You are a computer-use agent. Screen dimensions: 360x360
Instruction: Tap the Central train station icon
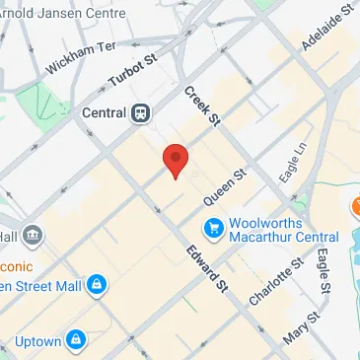point(141,113)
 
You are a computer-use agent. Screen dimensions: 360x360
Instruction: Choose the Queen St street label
point(225,186)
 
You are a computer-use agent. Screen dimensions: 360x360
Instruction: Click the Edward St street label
point(206,267)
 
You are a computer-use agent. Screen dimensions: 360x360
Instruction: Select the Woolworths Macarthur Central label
point(284,229)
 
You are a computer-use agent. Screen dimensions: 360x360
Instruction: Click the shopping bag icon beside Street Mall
point(96,287)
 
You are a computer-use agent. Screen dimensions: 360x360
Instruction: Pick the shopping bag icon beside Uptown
point(76,342)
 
